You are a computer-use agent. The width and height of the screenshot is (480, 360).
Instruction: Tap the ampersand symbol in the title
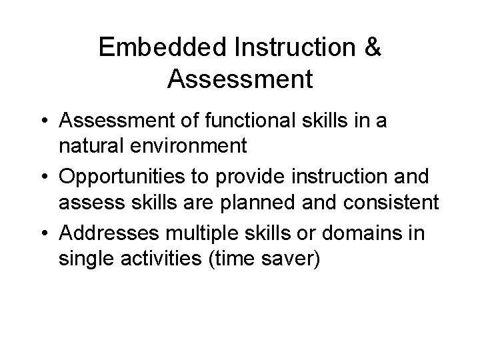[x=373, y=48]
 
